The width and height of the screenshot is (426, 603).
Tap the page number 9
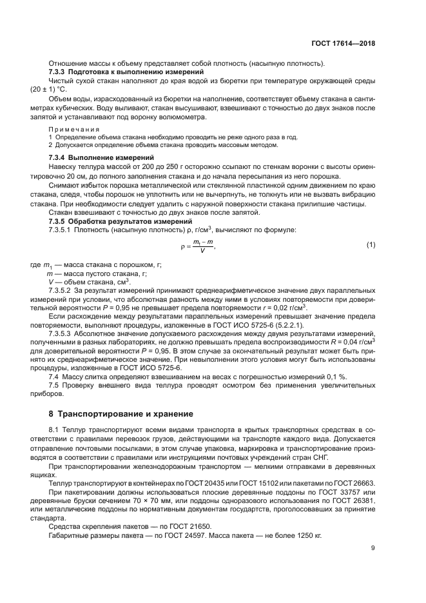pyautogui.click(x=373, y=548)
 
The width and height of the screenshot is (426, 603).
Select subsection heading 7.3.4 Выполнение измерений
pyautogui.click(x=101, y=158)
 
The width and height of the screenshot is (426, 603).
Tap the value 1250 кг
pyautogui.click(x=307, y=536)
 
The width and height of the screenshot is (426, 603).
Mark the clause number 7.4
pyautogui.click(x=55, y=375)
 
